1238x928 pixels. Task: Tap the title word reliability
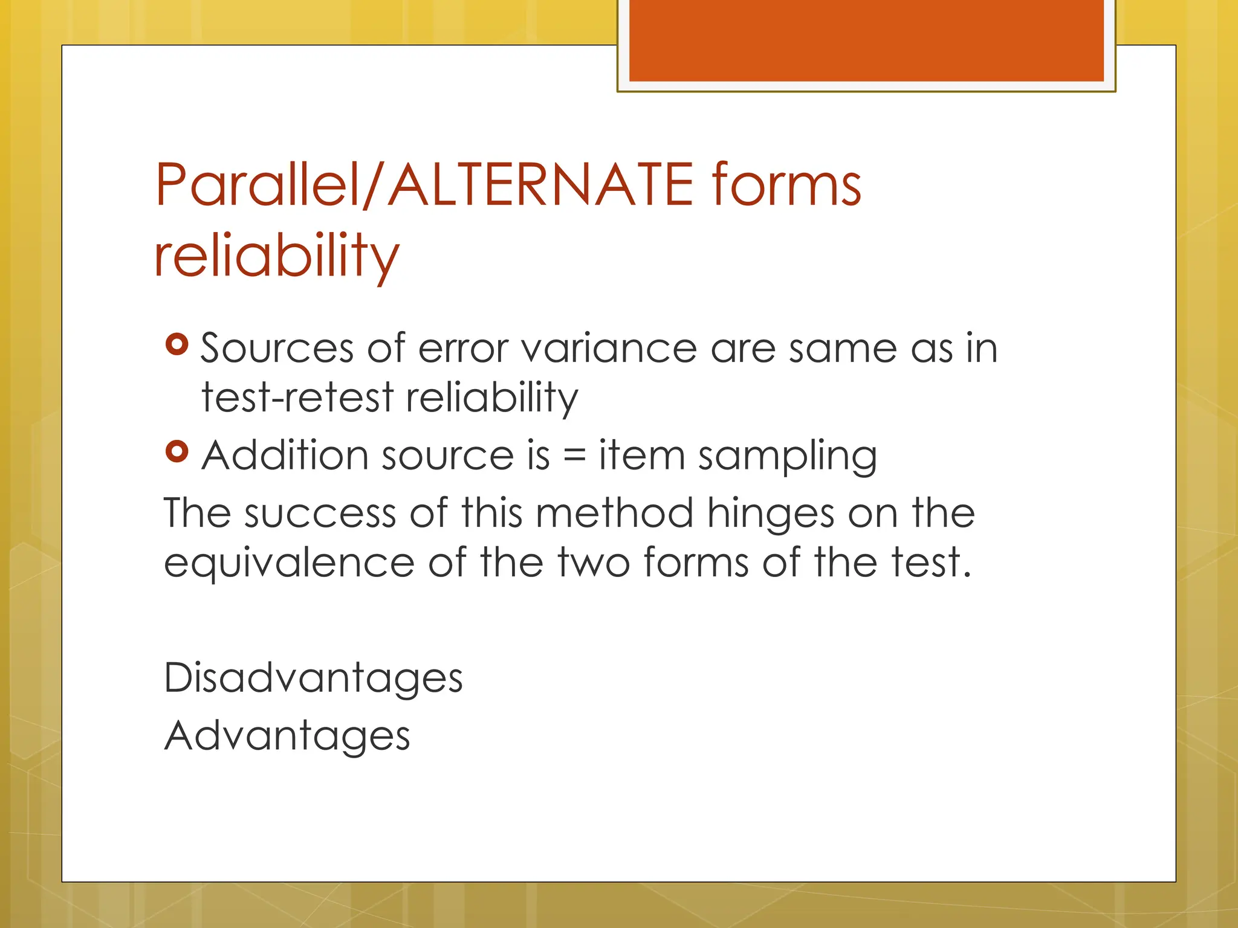[276, 256]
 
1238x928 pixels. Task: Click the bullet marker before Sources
[177, 344]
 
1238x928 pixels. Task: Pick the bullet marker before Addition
[177, 451]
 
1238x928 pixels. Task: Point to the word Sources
[277, 349]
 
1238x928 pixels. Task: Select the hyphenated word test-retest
[297, 398]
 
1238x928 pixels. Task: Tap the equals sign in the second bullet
[574, 456]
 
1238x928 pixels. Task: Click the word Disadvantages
[313, 678]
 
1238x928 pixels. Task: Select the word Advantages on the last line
[287, 736]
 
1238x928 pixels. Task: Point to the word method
[614, 514]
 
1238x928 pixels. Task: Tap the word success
[320, 514]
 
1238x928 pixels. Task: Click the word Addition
[285, 455]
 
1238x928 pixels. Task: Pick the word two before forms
[594, 562]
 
